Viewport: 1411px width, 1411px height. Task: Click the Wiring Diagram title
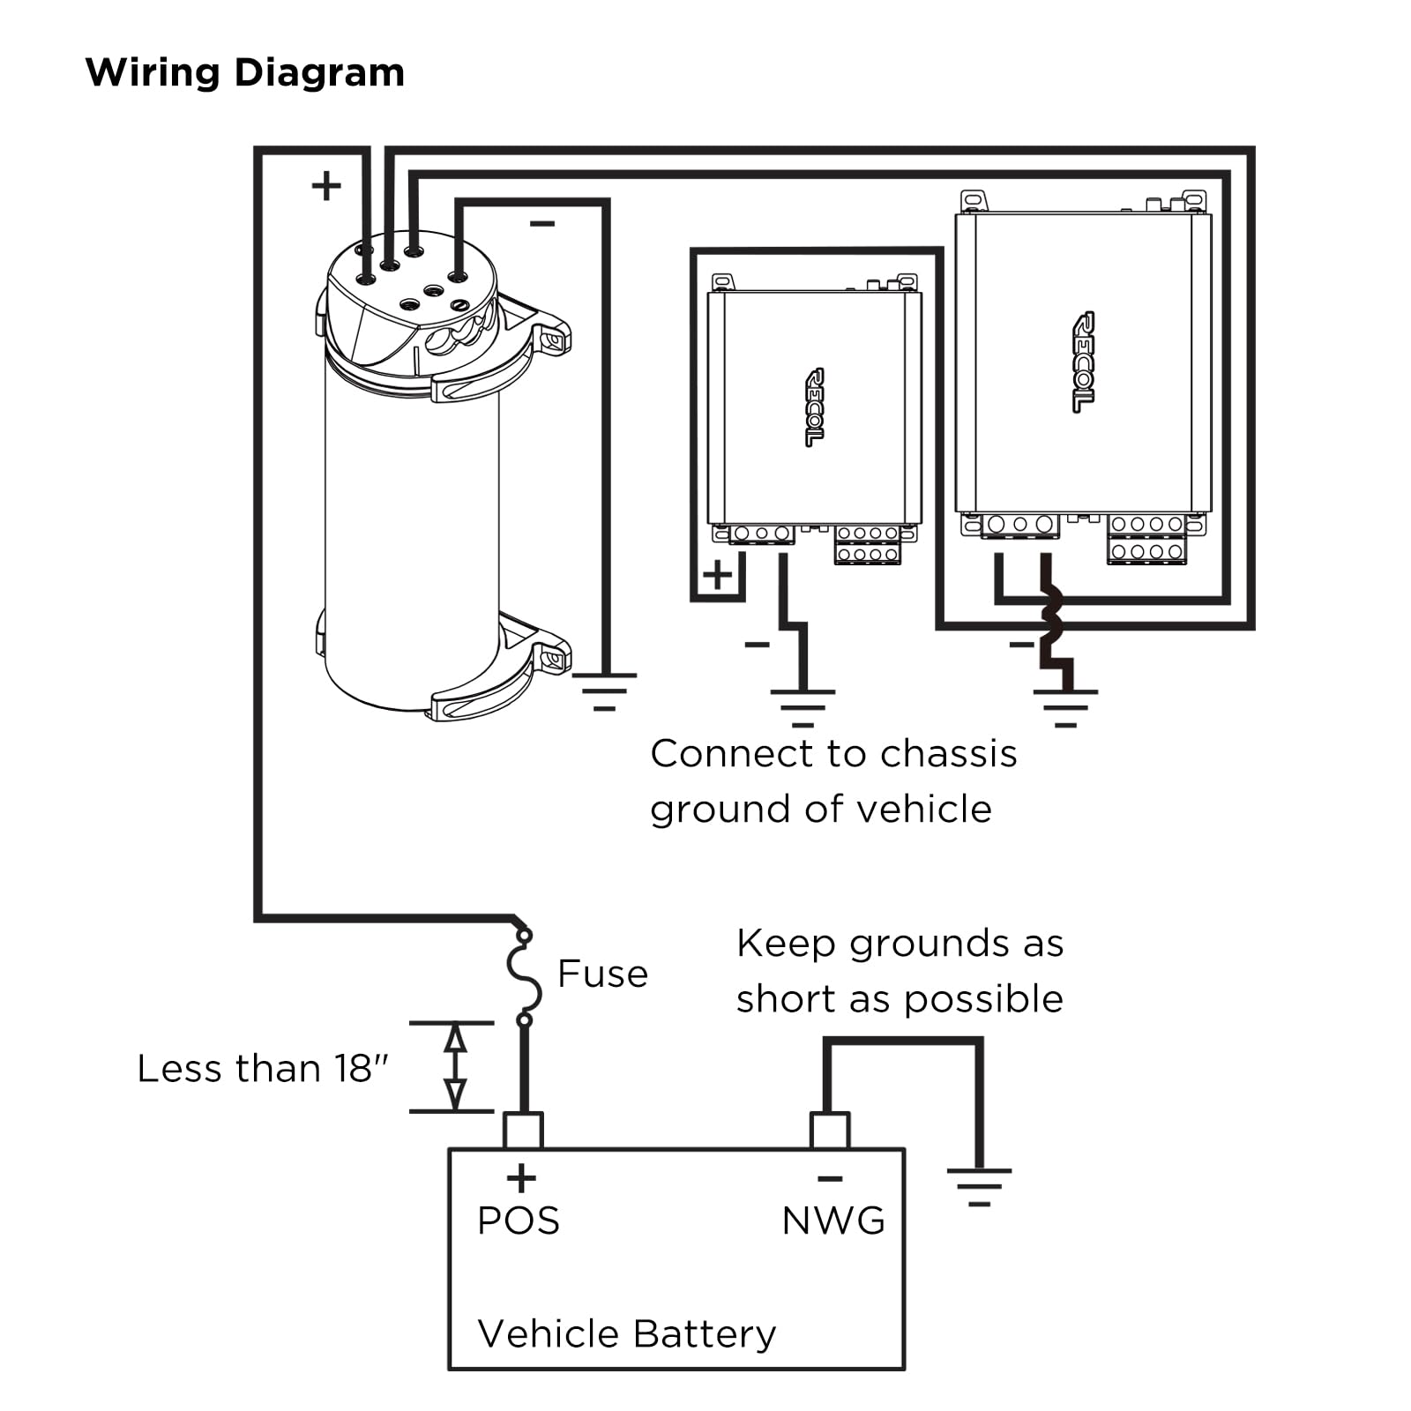[x=244, y=72]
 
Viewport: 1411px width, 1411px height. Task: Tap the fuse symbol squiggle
[x=524, y=977]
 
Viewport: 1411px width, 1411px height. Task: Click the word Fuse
[x=602, y=974]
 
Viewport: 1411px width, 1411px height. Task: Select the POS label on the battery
[x=518, y=1221]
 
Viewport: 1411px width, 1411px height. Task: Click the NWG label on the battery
[x=832, y=1221]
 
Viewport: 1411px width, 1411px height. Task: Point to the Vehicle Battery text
[x=626, y=1333]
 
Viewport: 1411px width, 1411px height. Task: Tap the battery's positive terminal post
[x=522, y=1130]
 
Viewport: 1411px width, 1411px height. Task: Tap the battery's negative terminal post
[x=829, y=1130]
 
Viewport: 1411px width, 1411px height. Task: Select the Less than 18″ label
[x=263, y=1069]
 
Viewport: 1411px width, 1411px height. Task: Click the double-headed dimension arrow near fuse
[x=454, y=1067]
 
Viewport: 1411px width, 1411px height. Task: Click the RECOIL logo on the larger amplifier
[x=1083, y=362]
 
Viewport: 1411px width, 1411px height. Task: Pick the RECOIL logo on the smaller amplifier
[x=814, y=407]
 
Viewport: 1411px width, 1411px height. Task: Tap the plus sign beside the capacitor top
[x=326, y=186]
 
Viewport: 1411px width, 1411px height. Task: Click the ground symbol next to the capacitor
[x=604, y=691]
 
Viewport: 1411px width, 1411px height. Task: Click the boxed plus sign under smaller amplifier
[x=717, y=575]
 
